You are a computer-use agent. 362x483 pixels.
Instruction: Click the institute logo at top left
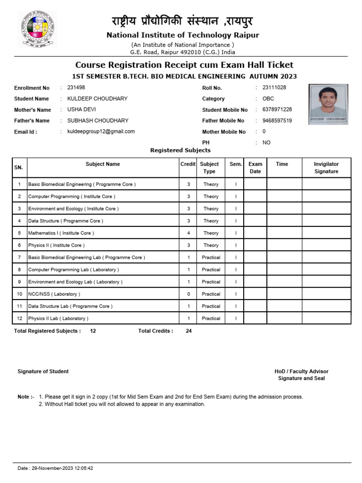(38, 29)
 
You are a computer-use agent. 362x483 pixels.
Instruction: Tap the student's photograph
(329, 104)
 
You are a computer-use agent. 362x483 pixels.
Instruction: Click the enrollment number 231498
(76, 88)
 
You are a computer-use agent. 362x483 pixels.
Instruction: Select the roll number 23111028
(274, 88)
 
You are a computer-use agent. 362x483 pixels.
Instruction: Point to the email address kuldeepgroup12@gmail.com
(101, 132)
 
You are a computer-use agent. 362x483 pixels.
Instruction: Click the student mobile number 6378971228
(277, 109)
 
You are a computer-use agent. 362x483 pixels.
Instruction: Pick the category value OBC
(268, 99)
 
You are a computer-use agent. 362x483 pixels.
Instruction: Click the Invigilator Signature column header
(326, 167)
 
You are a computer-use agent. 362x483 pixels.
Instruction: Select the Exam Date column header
(255, 167)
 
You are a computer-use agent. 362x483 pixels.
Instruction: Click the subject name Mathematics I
(61, 233)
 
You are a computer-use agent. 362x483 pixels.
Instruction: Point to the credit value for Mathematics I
(189, 233)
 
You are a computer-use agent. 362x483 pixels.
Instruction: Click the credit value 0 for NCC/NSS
(189, 294)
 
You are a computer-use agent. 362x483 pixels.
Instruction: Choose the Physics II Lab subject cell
(58, 318)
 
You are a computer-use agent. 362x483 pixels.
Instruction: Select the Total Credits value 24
(189, 331)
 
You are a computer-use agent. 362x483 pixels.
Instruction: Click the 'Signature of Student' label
(43, 372)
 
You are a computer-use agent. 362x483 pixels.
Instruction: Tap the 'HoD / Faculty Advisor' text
(302, 372)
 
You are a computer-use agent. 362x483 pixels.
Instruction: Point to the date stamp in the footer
(55, 468)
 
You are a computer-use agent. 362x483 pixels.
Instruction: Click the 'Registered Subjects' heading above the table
(180, 150)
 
